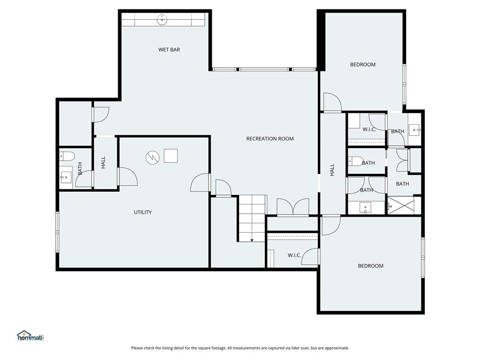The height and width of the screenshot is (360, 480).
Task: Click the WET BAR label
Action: pos(169,50)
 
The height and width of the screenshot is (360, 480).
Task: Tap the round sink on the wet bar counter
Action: pos(162,20)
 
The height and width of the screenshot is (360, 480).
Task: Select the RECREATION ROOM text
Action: pos(270,139)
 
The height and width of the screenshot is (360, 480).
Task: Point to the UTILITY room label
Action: pos(142,212)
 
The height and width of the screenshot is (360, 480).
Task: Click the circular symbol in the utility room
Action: pos(152,157)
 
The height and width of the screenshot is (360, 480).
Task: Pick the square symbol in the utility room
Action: pos(171,156)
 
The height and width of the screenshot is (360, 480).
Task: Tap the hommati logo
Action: pos(30,336)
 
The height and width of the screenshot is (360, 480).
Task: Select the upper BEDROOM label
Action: pos(363,65)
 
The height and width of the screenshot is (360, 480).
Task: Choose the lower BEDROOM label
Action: pos(370,266)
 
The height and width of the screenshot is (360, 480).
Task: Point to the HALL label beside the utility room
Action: pos(103,162)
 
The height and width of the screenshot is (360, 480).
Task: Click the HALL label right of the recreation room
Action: pos(332,170)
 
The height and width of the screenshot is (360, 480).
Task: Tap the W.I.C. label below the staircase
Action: pos(294,255)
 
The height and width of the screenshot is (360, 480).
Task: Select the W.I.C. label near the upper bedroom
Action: pos(369,129)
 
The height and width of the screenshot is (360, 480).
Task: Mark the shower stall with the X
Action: pos(401,205)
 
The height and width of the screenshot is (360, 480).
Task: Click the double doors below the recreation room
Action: pos(293,207)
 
